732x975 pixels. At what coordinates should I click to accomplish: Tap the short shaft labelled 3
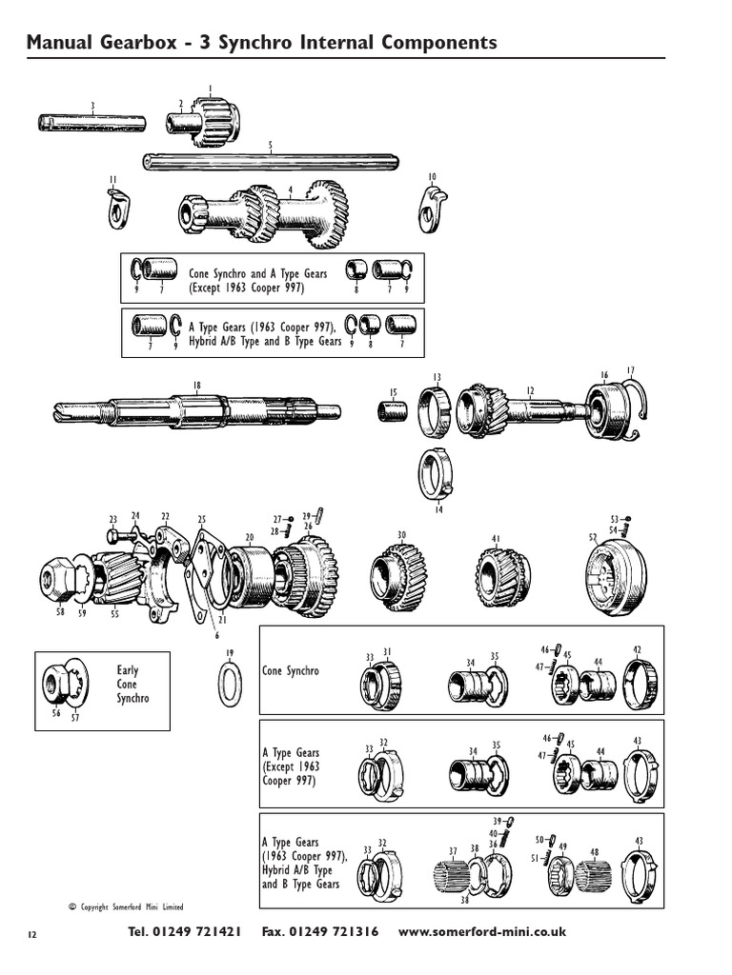point(91,122)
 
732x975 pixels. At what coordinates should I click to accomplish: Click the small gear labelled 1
point(214,121)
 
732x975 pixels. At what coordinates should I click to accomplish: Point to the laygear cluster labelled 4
point(267,212)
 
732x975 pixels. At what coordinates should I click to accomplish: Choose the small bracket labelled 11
point(117,209)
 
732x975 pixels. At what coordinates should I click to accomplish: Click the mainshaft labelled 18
point(195,412)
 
